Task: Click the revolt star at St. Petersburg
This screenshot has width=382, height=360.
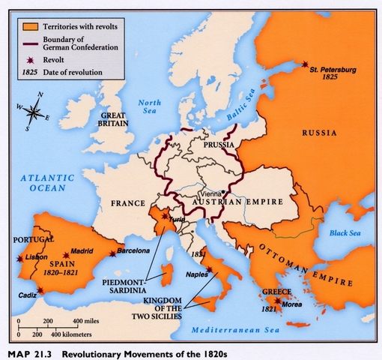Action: click(x=304, y=64)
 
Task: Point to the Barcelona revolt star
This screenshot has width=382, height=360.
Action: click(x=112, y=253)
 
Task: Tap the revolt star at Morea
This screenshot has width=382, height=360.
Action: click(x=278, y=301)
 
